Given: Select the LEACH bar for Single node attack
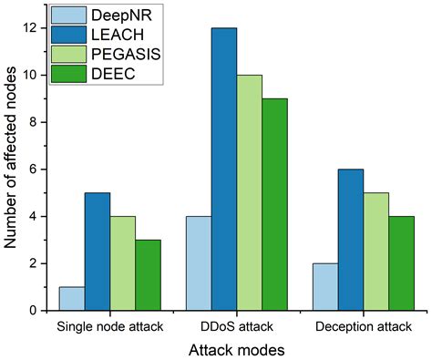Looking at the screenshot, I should (97, 252).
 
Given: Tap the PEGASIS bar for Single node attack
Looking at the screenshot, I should (123, 263).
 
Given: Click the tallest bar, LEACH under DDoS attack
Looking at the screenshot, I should (223, 170).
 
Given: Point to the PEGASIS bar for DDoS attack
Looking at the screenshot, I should (250, 193).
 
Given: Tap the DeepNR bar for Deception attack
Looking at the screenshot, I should (324, 287).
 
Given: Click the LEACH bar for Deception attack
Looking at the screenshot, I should (350, 240).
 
